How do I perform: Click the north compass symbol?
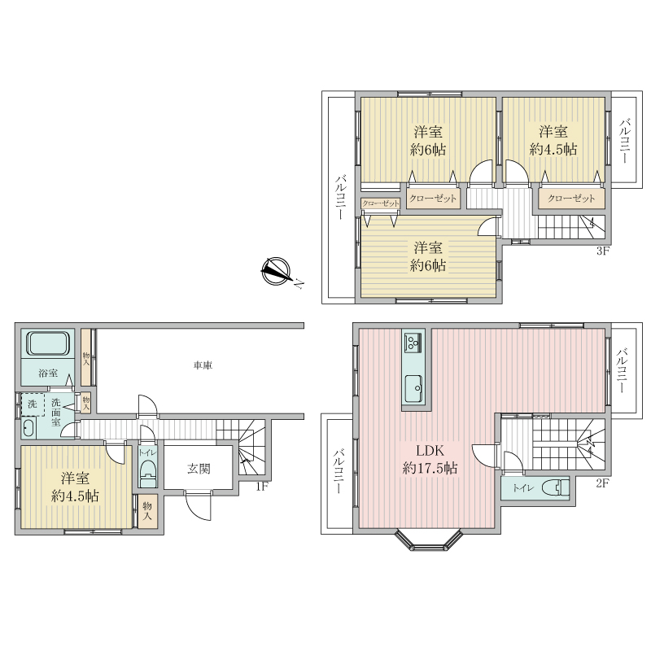click(x=276, y=272)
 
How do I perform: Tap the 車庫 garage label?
click(x=203, y=365)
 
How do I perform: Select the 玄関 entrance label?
click(x=199, y=469)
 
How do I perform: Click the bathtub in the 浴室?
click(x=48, y=343)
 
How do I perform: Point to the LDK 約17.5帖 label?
click(x=430, y=459)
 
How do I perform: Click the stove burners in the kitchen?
click(x=413, y=343)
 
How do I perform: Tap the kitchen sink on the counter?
click(x=413, y=388)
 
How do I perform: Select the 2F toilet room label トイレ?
click(x=523, y=488)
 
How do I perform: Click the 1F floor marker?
click(x=262, y=486)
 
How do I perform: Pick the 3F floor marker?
click(x=602, y=251)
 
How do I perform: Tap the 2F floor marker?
click(x=602, y=483)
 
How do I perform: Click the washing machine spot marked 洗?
click(x=32, y=404)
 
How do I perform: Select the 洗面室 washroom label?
click(x=56, y=413)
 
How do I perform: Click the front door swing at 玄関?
click(x=199, y=505)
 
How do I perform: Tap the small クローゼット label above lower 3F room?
click(x=380, y=203)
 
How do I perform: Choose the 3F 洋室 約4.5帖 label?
click(x=553, y=140)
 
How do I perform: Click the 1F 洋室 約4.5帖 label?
click(x=75, y=487)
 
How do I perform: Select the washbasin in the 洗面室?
click(x=28, y=428)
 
